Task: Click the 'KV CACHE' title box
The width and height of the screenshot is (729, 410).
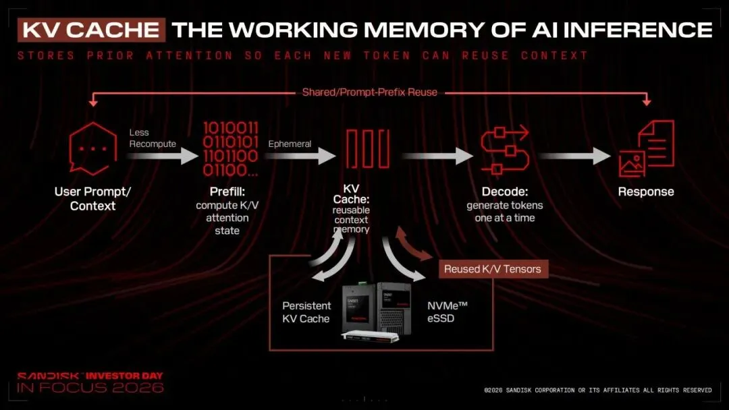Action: (x=92, y=30)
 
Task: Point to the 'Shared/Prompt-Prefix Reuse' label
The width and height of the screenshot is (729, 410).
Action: (x=370, y=92)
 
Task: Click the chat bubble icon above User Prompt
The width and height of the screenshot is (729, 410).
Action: (x=92, y=148)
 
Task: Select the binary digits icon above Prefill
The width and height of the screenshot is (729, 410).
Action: (x=230, y=149)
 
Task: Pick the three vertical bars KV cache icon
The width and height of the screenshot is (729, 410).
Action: (x=368, y=148)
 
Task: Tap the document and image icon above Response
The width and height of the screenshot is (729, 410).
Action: (x=646, y=148)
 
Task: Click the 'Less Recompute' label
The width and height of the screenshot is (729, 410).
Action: (x=153, y=138)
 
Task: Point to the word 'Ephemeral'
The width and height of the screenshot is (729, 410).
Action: (x=290, y=144)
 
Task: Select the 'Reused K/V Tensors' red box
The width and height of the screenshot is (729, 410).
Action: (x=493, y=269)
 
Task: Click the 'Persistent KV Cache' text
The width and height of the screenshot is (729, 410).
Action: (x=306, y=312)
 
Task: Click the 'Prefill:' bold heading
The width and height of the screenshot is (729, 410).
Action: (x=227, y=192)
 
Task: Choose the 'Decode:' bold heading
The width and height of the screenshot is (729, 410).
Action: (x=505, y=192)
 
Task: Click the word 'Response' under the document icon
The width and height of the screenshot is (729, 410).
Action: (x=646, y=192)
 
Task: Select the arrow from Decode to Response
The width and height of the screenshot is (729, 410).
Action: (x=575, y=156)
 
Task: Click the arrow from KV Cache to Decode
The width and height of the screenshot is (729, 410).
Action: (x=437, y=156)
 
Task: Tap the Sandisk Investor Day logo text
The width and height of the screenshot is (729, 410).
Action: (x=90, y=382)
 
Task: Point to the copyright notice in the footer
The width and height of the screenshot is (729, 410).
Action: (x=598, y=390)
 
